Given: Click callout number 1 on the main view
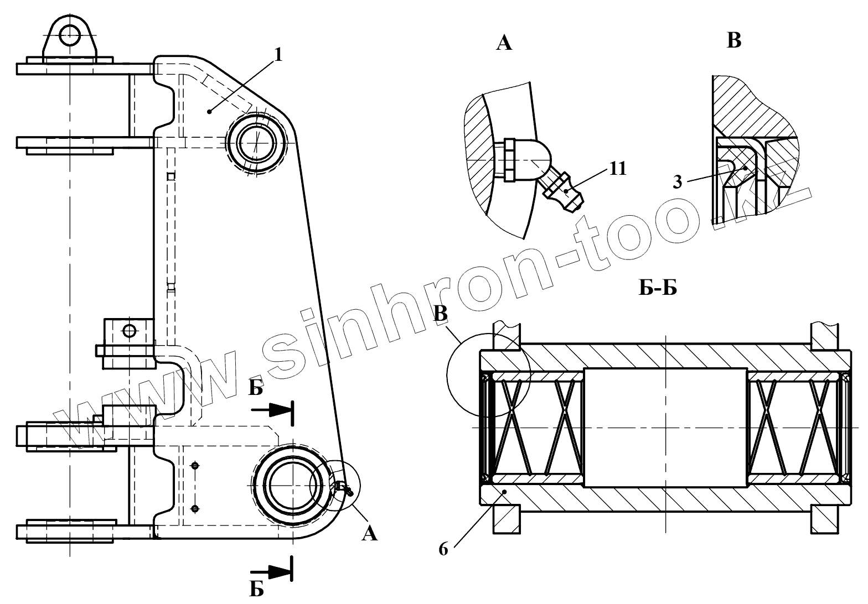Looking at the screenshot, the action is click(278, 55).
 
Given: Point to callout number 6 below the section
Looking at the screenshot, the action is click(443, 550).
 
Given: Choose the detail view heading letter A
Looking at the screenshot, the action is click(504, 43).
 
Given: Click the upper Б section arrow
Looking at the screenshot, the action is click(271, 409).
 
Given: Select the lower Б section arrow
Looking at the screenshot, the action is click(271, 570).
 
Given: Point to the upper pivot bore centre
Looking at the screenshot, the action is click(256, 142).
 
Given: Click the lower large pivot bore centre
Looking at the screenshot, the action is click(292, 485).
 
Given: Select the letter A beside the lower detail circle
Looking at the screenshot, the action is click(369, 534).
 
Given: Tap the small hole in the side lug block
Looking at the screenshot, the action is click(129, 331).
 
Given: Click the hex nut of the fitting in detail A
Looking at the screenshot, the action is click(509, 160).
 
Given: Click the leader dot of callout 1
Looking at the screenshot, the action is click(210, 112).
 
